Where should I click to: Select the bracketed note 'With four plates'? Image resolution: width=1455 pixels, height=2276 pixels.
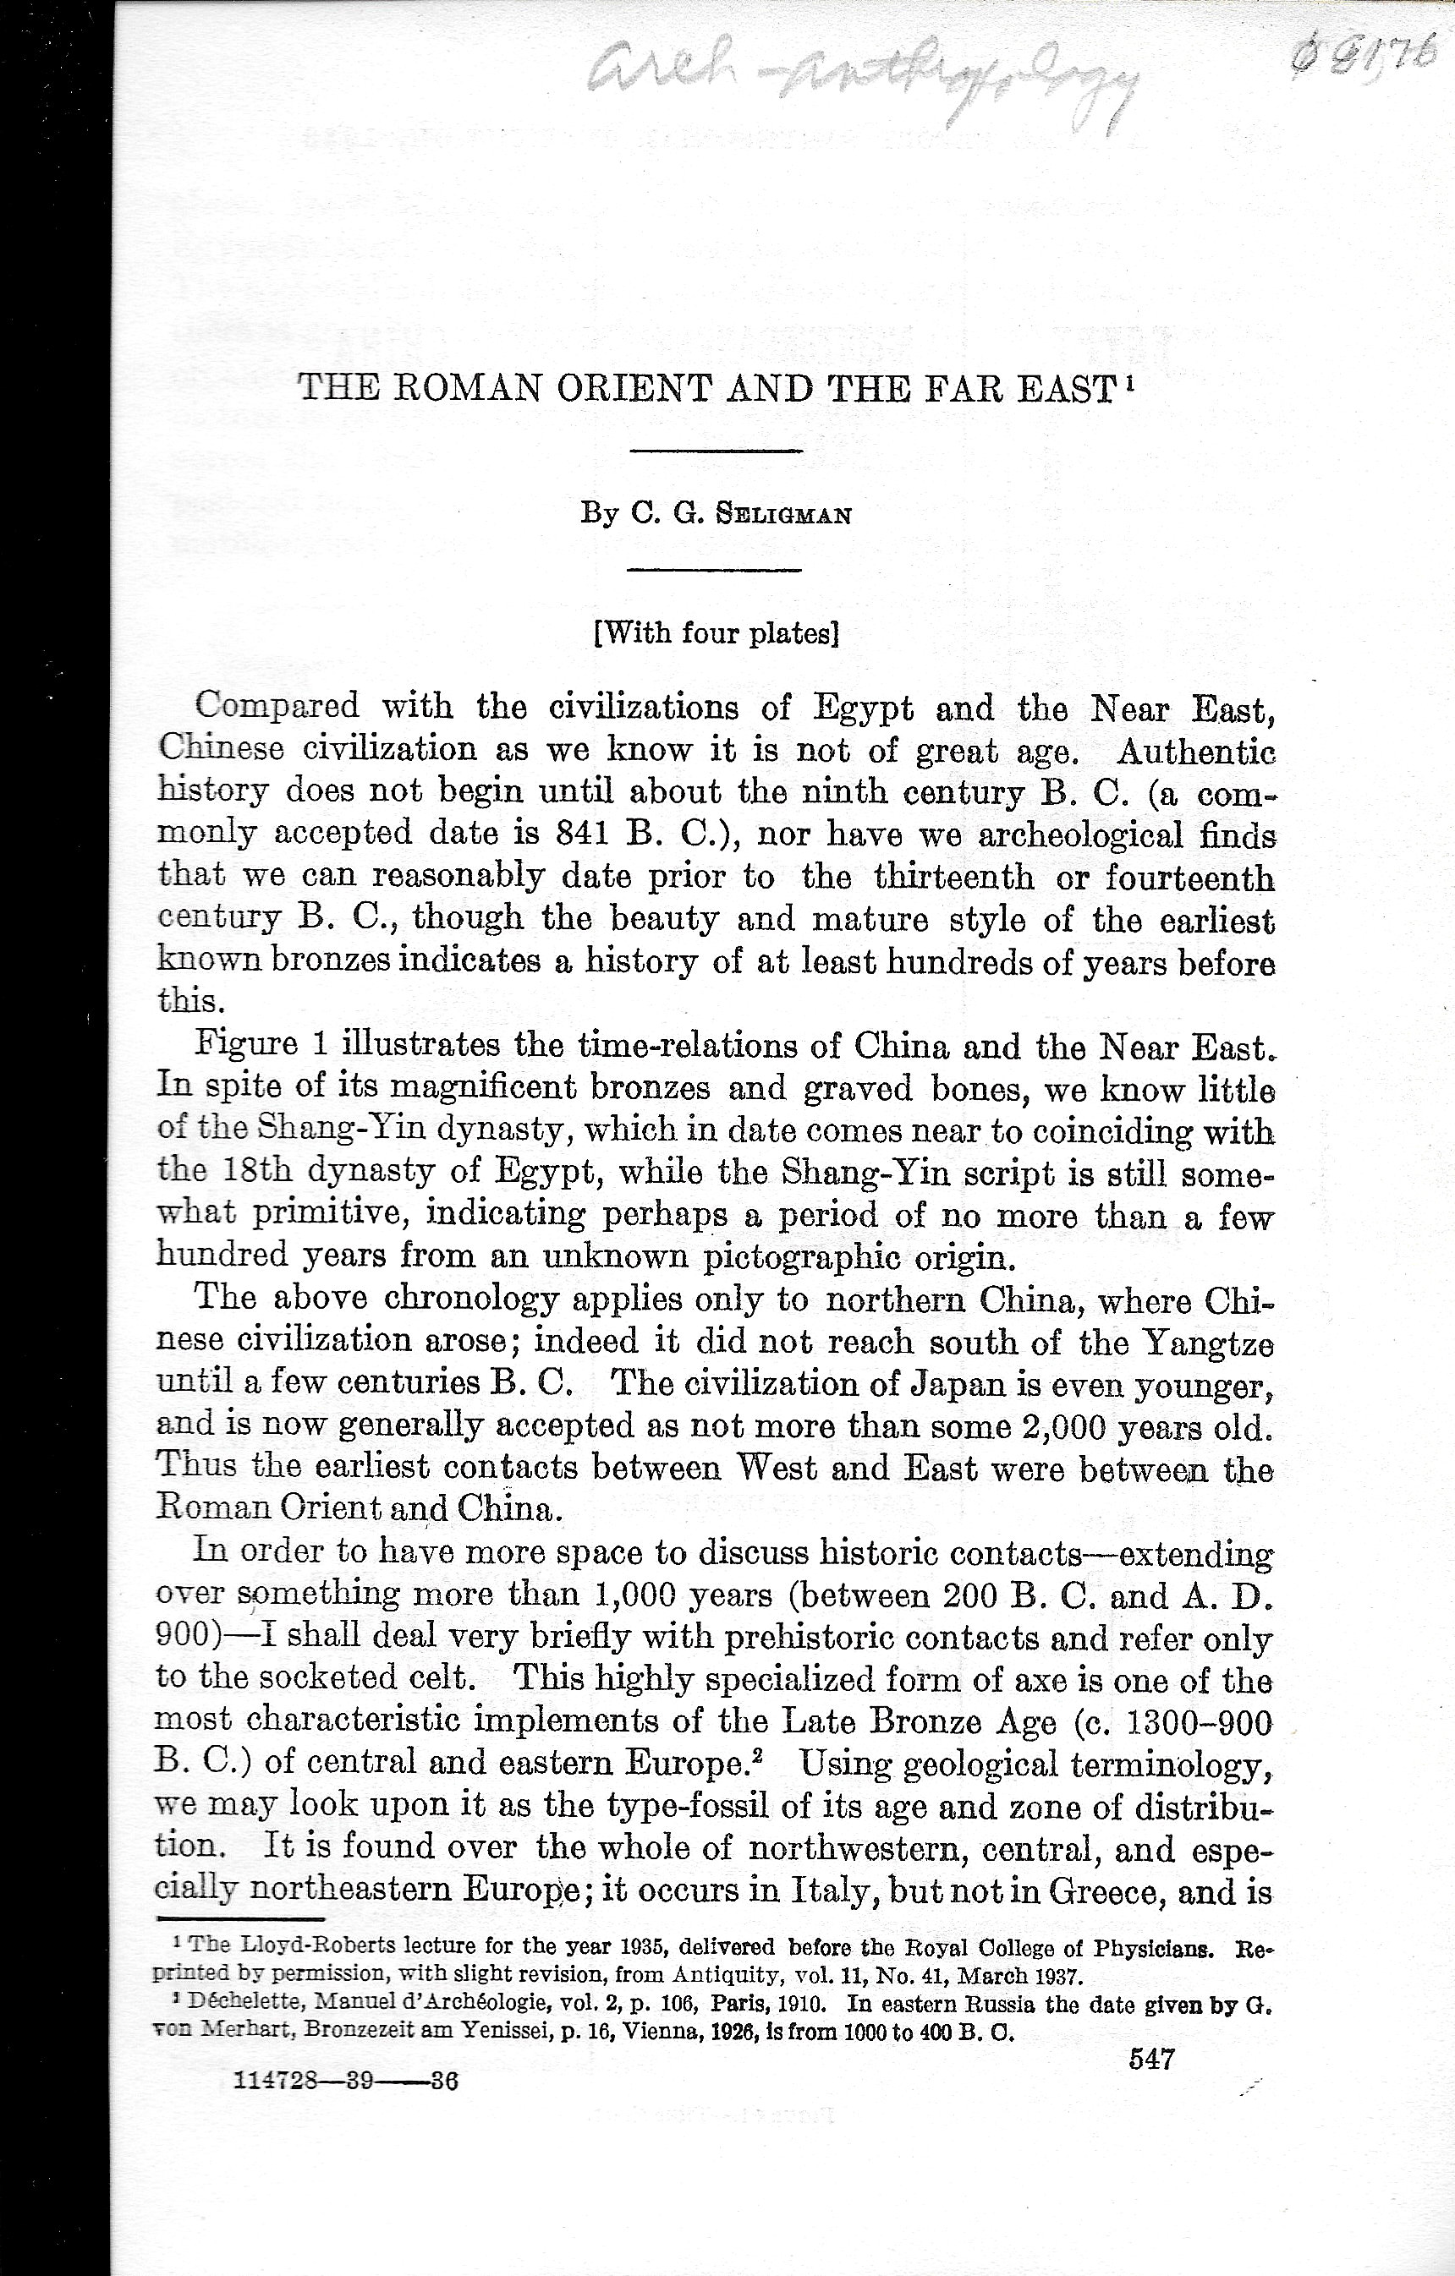(x=716, y=632)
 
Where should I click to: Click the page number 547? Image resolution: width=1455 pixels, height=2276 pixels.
(x=1151, y=2059)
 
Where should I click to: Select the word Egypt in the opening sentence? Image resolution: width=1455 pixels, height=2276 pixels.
(x=862, y=708)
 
